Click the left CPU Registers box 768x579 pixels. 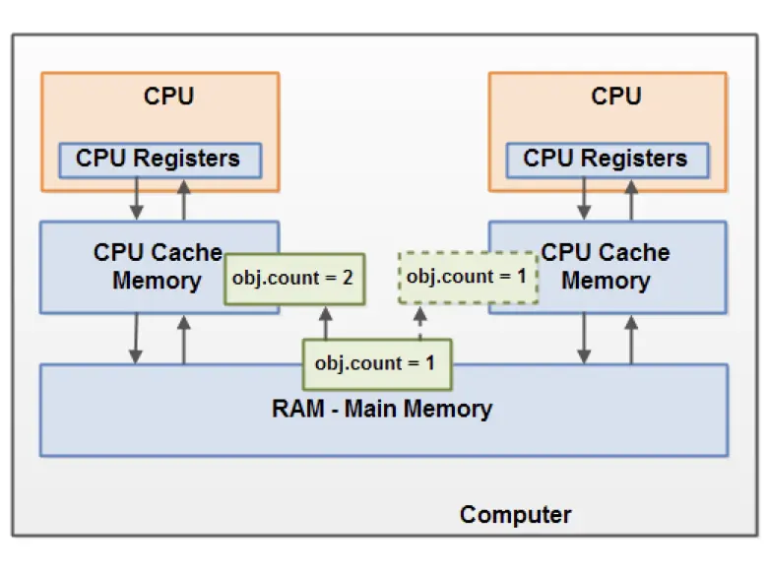tap(158, 159)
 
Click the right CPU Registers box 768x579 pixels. tap(605, 159)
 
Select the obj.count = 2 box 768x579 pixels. tap(292, 278)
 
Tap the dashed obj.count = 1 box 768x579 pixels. tap(467, 277)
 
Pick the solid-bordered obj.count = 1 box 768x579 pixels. tap(374, 362)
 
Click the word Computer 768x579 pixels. tap(515, 514)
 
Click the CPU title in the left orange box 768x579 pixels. tap(169, 96)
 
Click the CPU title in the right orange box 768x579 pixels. tap(616, 96)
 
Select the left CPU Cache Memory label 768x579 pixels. tap(158, 266)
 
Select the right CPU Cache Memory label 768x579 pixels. tap(606, 266)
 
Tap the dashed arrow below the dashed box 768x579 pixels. tap(420, 323)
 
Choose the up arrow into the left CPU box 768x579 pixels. tap(183, 203)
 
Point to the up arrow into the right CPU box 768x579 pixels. tap(631, 203)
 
